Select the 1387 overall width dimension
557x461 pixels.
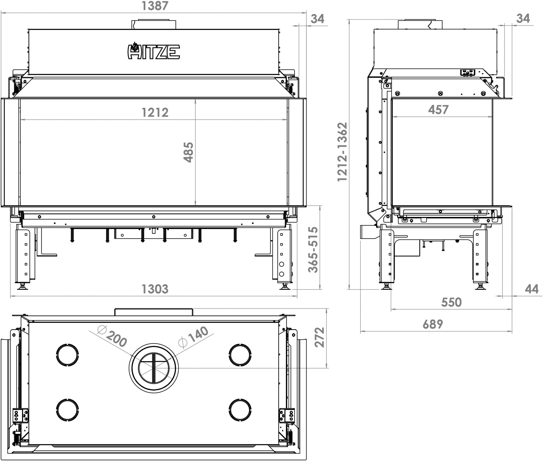coord(155,6)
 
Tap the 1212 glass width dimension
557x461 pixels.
coord(155,112)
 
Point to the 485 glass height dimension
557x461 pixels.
coord(189,152)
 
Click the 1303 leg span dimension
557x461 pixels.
coord(155,289)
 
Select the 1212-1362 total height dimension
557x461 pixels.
coord(342,152)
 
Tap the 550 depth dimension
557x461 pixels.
coord(451,302)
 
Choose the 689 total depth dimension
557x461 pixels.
coord(433,324)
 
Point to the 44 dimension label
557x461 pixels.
coord(532,289)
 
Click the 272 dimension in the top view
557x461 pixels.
coord(320,337)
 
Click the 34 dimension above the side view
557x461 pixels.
coord(523,18)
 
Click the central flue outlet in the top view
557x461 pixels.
coord(154,368)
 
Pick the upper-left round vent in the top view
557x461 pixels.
coord(67,355)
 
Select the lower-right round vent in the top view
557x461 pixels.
coord(240,409)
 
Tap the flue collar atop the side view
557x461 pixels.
coord(420,24)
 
